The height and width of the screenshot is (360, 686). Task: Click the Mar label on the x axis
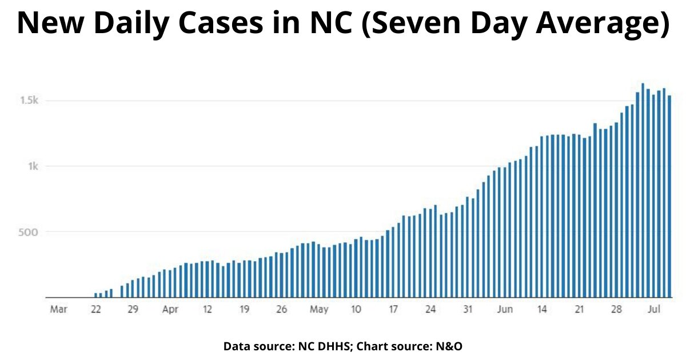tap(58, 310)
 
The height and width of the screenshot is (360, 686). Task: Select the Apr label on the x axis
tap(170, 310)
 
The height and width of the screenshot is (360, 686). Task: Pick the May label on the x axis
tap(319, 310)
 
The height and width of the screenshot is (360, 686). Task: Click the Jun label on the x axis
tap(505, 310)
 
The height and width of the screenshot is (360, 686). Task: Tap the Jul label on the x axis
tap(653, 310)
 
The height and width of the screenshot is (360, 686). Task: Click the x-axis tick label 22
tap(95, 310)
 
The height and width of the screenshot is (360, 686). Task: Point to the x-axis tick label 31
tap(468, 310)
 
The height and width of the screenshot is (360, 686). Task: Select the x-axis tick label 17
tap(393, 310)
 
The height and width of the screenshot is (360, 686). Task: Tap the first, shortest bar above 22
tap(95, 295)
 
